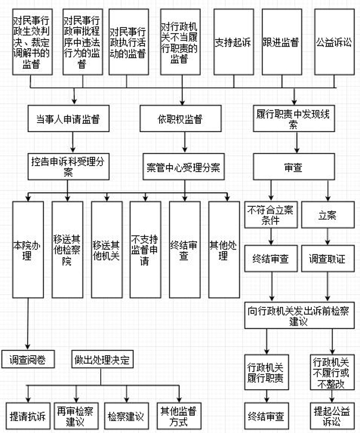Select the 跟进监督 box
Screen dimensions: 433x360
(280, 42)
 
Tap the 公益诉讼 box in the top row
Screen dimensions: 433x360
(333, 42)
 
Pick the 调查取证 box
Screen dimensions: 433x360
(328, 259)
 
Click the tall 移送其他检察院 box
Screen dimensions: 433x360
(68, 250)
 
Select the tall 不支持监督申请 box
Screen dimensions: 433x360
(145, 250)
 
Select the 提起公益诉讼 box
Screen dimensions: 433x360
(330, 416)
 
